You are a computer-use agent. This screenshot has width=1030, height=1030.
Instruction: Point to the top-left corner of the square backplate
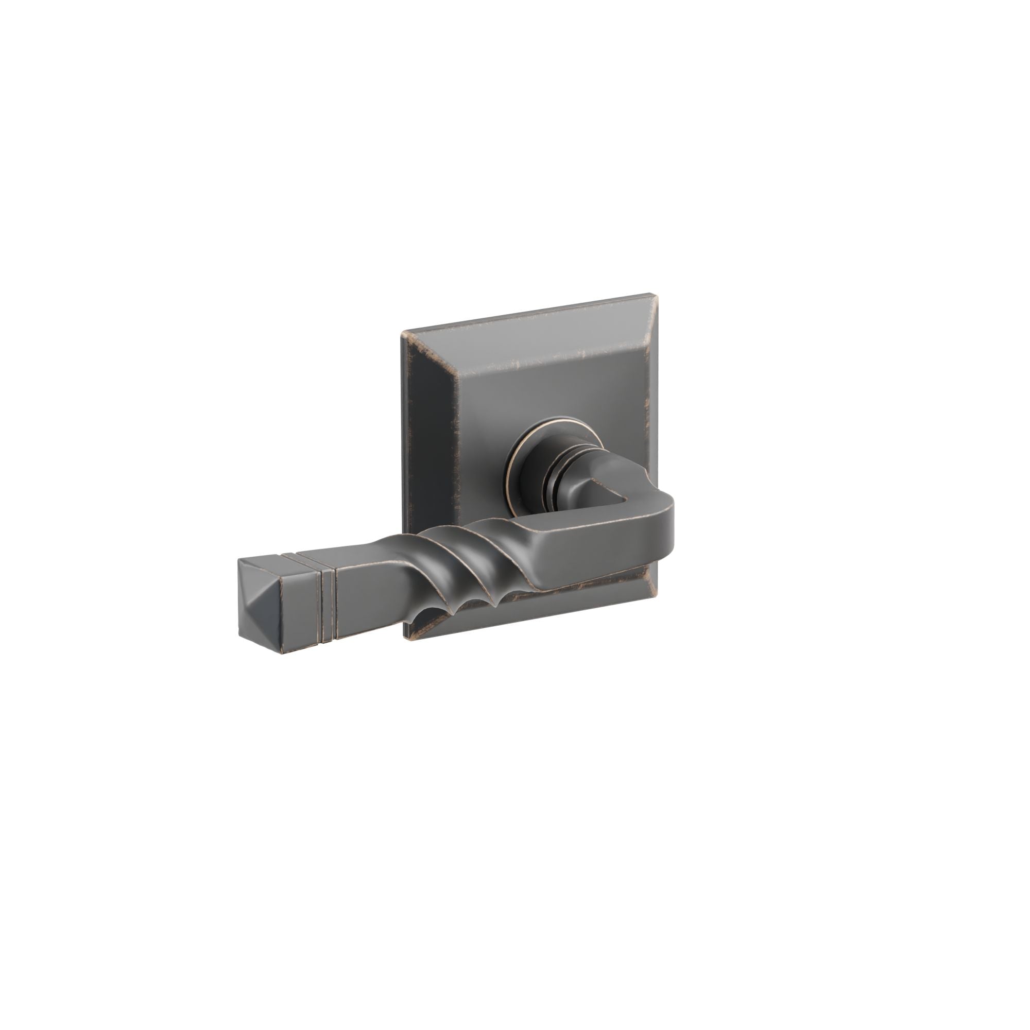[403, 334]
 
